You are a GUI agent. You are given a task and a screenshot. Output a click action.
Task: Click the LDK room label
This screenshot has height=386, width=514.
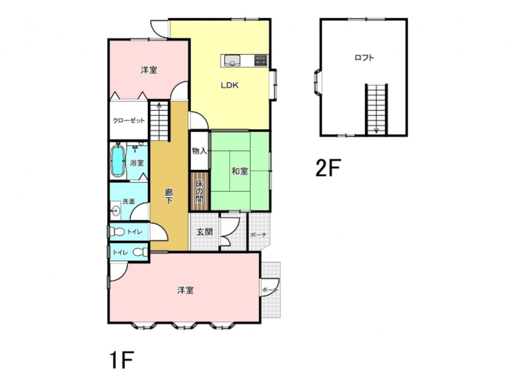coord(229,85)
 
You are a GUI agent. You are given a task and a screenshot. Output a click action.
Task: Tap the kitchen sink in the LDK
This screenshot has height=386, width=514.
coord(232,60)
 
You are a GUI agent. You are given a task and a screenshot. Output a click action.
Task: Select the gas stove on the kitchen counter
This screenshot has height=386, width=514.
coord(261,60)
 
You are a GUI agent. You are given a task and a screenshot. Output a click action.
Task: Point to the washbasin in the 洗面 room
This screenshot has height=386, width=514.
coord(116,210)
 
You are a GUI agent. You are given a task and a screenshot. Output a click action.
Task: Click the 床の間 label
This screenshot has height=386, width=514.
coord(199,191)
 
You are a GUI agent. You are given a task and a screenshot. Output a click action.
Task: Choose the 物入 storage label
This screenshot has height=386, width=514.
coord(199,151)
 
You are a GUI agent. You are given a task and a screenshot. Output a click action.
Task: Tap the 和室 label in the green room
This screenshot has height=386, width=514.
coord(240,171)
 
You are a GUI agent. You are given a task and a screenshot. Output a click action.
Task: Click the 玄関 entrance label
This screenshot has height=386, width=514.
coord(205,232)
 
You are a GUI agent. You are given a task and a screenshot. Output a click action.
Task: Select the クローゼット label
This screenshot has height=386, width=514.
coord(128,120)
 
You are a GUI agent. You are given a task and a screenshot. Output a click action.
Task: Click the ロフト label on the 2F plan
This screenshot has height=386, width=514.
coord(364,58)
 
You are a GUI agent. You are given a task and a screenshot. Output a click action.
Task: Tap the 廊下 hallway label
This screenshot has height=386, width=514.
coord(169,196)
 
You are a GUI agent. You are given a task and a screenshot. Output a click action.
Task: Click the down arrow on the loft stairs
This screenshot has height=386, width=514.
coord(376,130)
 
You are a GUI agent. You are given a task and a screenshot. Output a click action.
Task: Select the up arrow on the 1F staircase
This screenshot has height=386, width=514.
coord(159,106)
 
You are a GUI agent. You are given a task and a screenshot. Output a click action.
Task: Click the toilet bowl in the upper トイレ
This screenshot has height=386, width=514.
coord(118,232)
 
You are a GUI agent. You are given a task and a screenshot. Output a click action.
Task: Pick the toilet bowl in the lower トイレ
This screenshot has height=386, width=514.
coord(140,252)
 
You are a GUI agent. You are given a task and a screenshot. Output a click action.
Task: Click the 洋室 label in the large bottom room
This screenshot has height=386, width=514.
coord(186,290)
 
